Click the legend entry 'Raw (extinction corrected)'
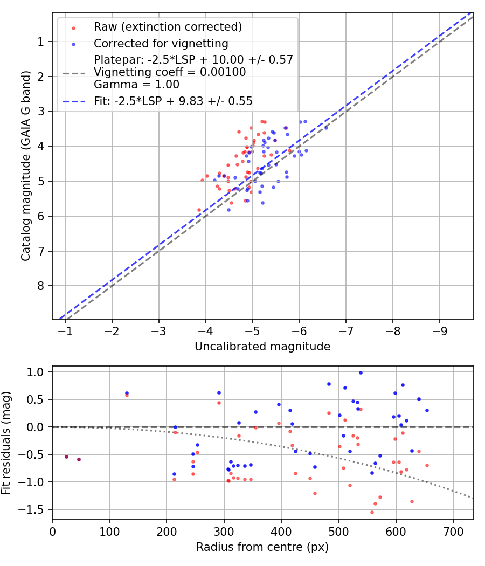(168, 27)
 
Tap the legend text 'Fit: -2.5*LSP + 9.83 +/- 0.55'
(173, 101)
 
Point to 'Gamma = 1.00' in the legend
(136, 85)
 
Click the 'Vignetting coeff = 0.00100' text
(170, 72)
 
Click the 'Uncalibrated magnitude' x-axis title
(262, 347)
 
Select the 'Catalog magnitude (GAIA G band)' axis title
(26, 165)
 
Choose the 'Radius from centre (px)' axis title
(262, 547)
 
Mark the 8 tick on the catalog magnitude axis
(41, 286)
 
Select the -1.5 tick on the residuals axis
(36, 509)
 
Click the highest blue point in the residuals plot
(361, 372)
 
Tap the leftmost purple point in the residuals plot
(66, 457)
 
